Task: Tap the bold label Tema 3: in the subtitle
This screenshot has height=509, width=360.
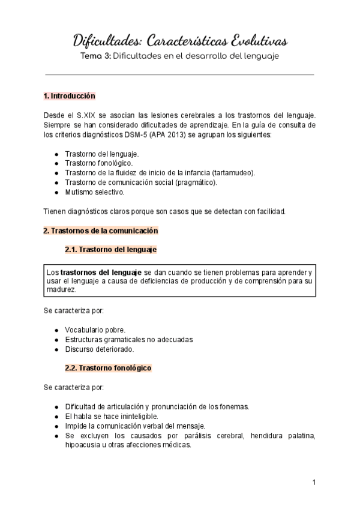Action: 98,57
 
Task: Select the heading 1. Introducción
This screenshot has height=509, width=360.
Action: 70,96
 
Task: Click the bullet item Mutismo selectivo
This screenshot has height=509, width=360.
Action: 94,192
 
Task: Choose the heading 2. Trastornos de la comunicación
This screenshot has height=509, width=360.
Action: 100,230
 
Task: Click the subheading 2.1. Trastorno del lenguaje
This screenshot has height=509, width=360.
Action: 111,249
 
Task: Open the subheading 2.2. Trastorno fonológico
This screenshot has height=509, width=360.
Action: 108,367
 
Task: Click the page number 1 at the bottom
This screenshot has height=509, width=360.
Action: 314,483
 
